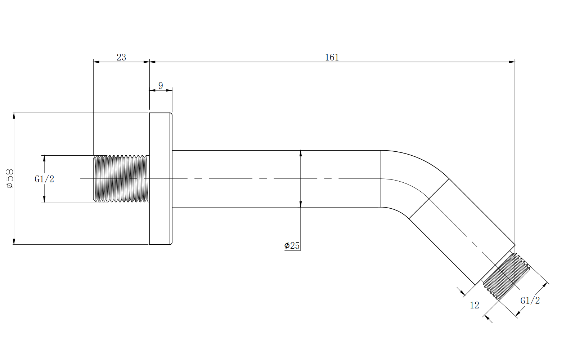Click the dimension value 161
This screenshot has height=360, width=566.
[x=332, y=57]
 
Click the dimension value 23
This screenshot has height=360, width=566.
[x=121, y=57]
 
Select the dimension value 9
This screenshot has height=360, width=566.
[x=161, y=86]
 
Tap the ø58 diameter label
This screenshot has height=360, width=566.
[x=9, y=178]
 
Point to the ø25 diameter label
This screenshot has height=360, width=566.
[x=292, y=246]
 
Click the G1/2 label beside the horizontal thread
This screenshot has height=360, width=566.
[x=44, y=179]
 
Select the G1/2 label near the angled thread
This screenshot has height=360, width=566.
[x=530, y=301]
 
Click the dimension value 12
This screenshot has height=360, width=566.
[x=475, y=306]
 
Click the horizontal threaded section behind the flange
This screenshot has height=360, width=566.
[x=121, y=179]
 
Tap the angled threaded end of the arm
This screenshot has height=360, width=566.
[x=506, y=276]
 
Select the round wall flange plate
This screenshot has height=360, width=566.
[x=160, y=179]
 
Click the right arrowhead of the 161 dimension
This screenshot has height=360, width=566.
[x=512, y=62]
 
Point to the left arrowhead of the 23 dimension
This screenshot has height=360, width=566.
[x=96, y=62]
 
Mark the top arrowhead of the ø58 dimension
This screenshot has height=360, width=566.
[x=14, y=115]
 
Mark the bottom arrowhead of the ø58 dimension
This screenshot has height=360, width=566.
[x=14, y=242]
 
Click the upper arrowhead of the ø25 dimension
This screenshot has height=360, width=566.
[x=301, y=153]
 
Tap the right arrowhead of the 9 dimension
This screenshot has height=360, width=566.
[x=170, y=90]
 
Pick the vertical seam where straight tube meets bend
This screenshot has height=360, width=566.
[x=381, y=179]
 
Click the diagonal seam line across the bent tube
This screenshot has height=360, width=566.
[x=429, y=198]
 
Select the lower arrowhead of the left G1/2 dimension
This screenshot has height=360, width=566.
[x=44, y=199]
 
